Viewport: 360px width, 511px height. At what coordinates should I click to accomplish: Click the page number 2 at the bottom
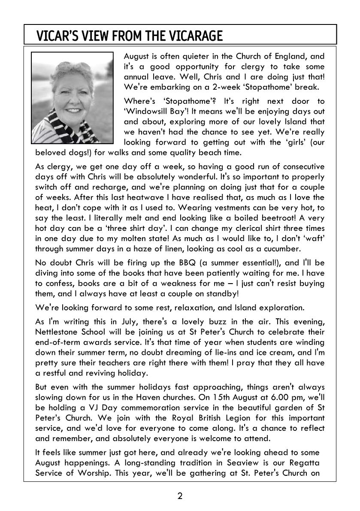coord(180,496)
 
